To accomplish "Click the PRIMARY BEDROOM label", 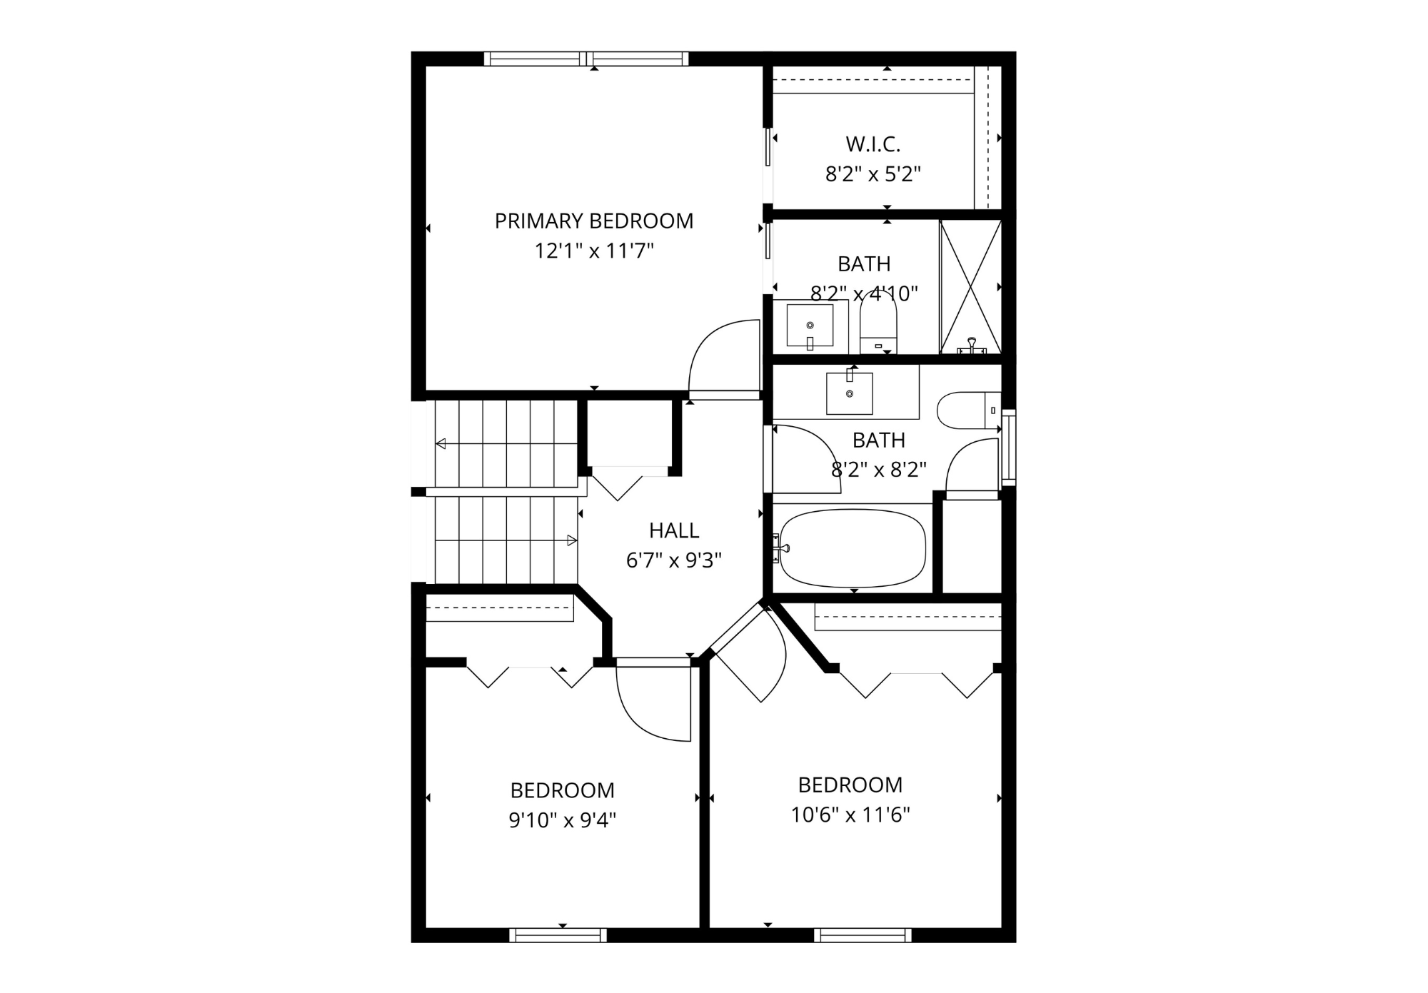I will coord(593,221).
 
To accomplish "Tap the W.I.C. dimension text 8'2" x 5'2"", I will coord(873,174).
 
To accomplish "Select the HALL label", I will coord(673,530).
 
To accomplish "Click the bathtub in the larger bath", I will coord(853,548).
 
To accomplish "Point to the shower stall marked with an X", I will coord(970,286).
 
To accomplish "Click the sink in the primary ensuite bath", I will coord(810,326).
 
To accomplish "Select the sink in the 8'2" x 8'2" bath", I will coord(849,393).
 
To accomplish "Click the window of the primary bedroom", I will coord(586,59).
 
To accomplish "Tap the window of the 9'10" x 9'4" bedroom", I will coord(558,935).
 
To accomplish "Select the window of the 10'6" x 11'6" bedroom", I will coord(863,935).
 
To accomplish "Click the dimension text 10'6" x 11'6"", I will coord(850,815).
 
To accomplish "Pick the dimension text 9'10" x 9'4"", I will coord(562,820).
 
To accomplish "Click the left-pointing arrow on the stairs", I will coord(441,444).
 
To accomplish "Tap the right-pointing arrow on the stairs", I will coord(572,540).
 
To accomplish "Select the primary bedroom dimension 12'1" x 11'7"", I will coord(593,251).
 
